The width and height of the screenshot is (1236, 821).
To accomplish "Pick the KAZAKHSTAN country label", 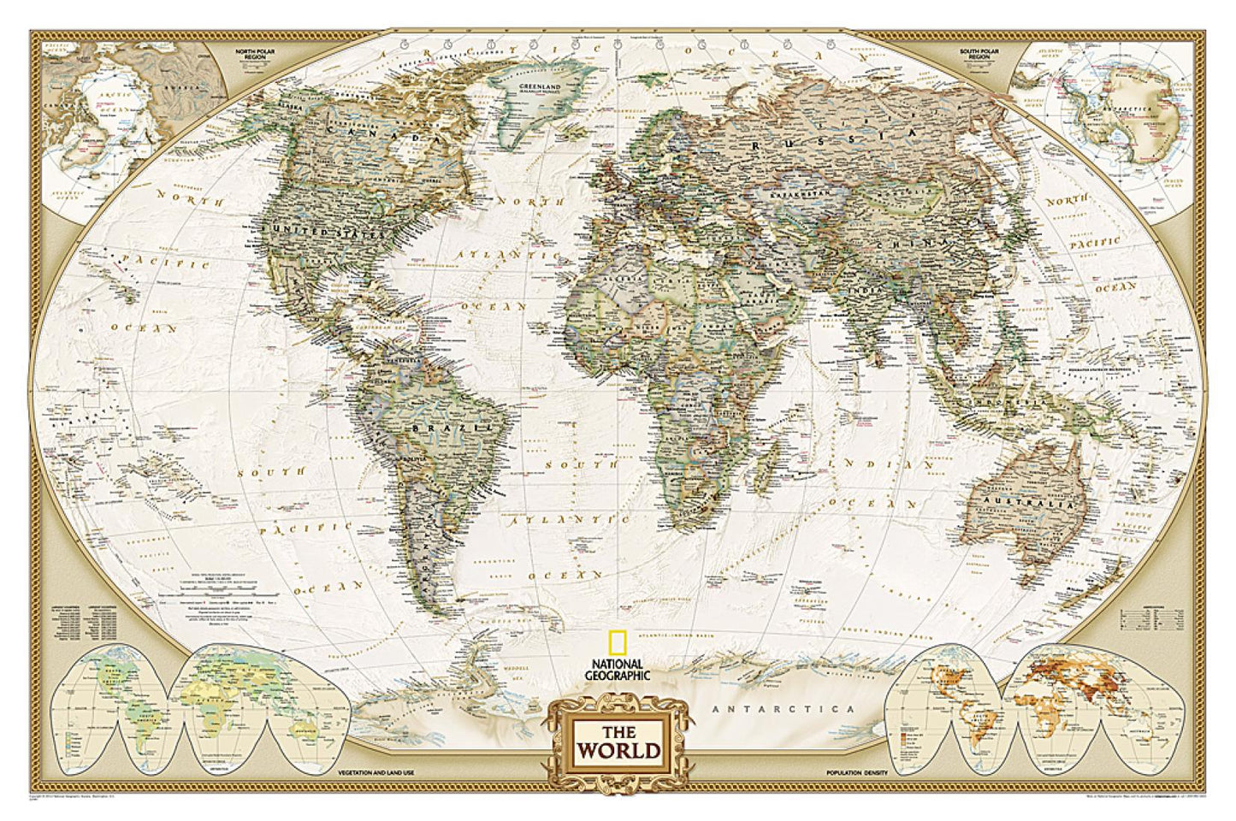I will (x=801, y=194).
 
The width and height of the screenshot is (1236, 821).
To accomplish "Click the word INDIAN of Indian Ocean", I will (x=902, y=464).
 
